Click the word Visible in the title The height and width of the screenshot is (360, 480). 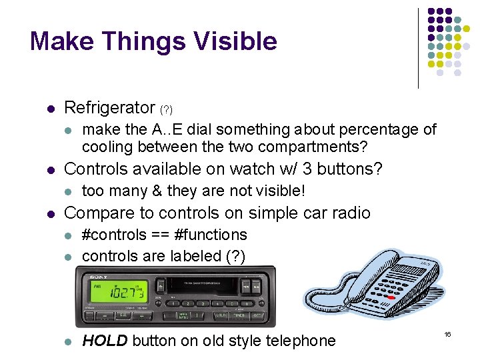point(235,41)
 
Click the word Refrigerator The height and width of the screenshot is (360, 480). point(109,107)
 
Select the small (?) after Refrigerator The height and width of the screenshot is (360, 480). point(166,109)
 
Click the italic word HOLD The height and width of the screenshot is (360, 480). point(105,341)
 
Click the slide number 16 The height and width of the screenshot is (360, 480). point(447,333)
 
